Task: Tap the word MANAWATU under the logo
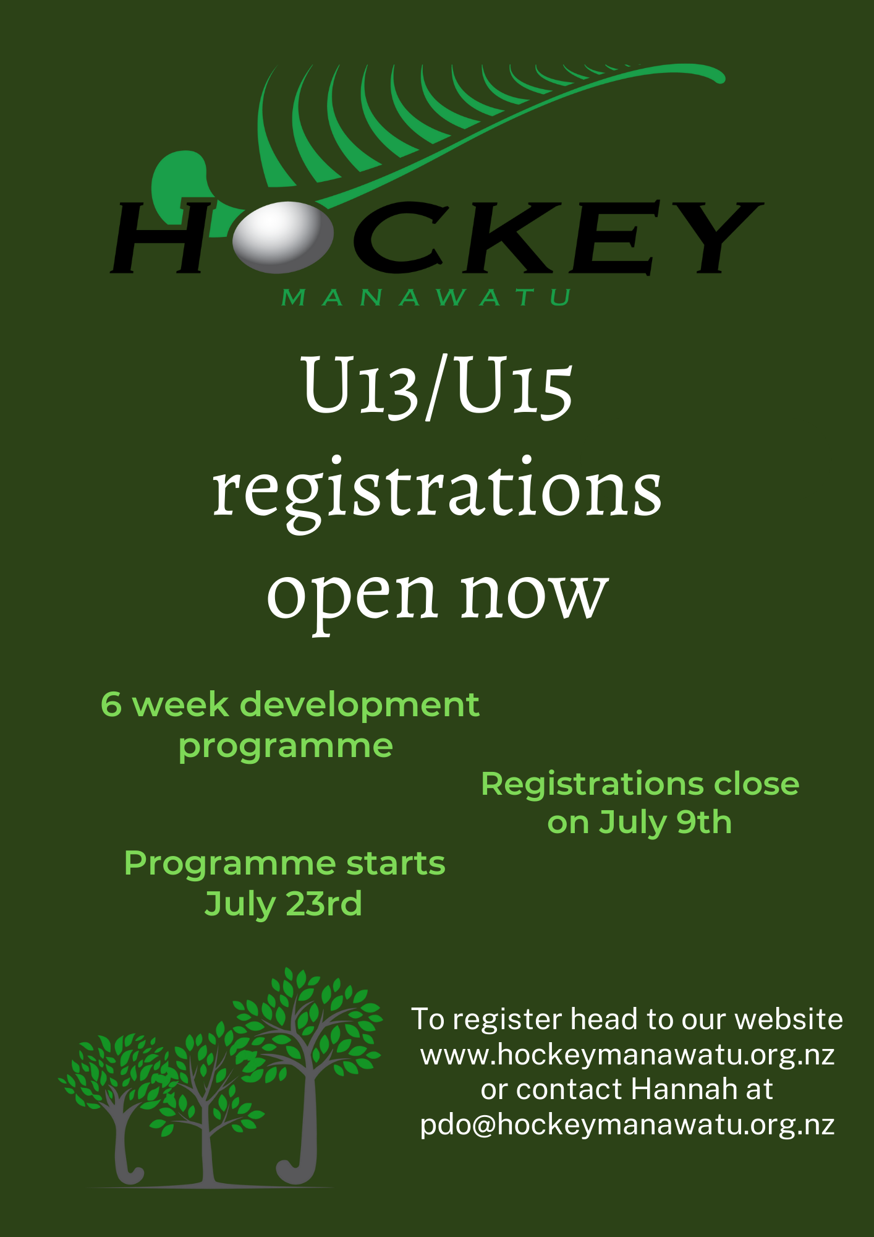coord(426,297)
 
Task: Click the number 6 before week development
coord(111,704)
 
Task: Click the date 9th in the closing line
coord(704,823)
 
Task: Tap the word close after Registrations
coord(757,784)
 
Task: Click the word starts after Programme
coord(396,863)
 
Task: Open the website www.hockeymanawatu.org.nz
coord(627,1055)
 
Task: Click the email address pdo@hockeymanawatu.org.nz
coord(627,1124)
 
